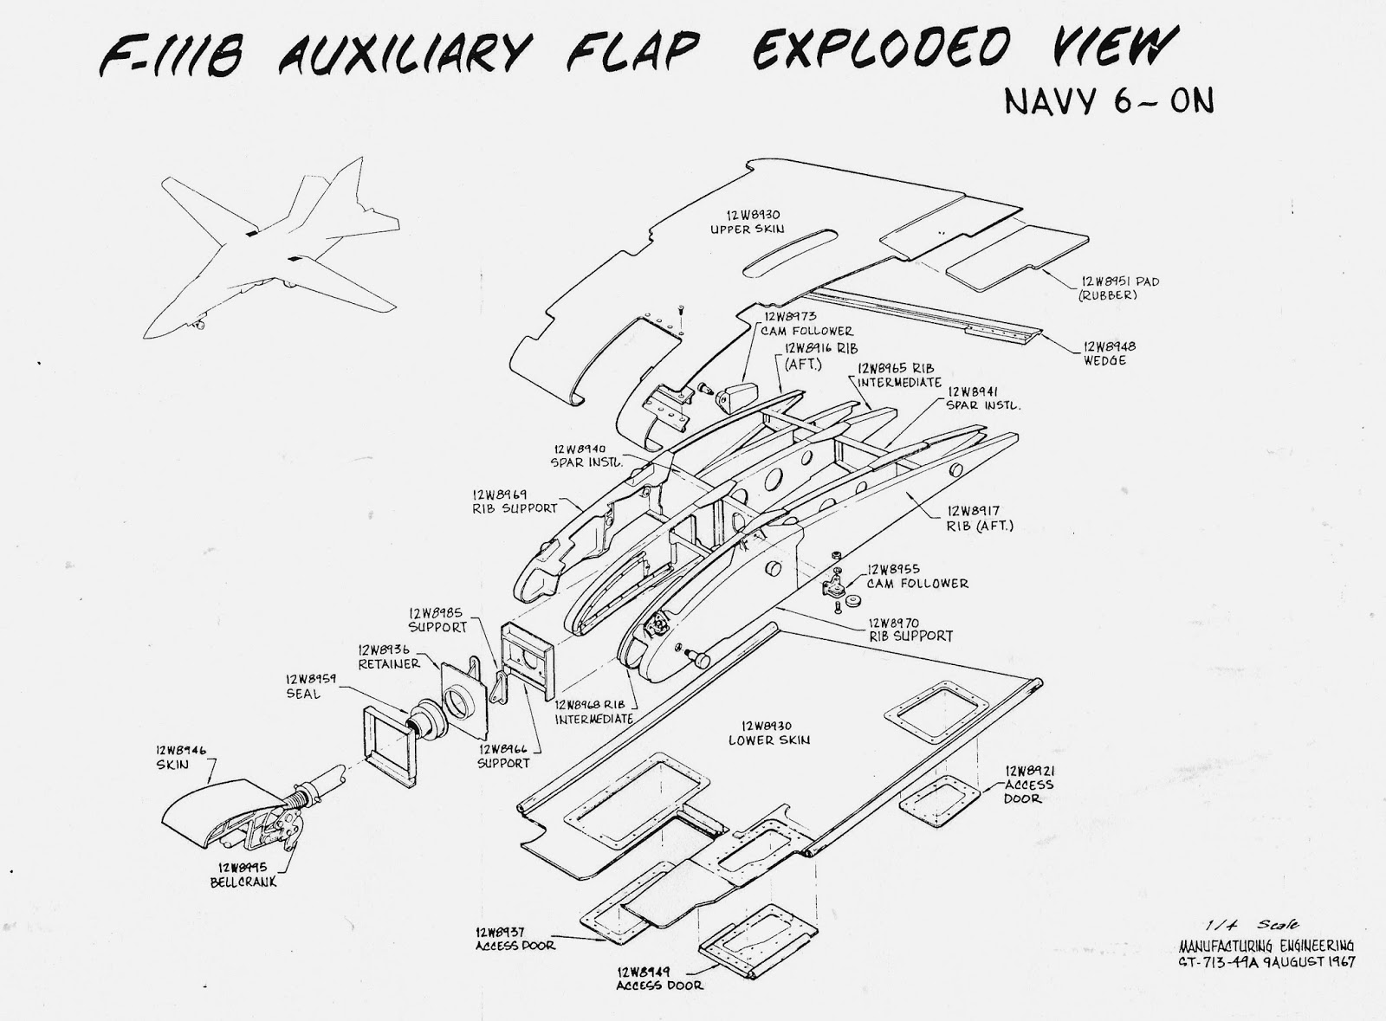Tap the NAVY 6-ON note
point(1108,100)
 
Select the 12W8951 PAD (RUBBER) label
point(1119,288)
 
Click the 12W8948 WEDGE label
point(1109,353)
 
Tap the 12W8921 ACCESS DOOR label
point(1029,784)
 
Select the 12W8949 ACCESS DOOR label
point(659,978)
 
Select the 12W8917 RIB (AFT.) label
point(980,518)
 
